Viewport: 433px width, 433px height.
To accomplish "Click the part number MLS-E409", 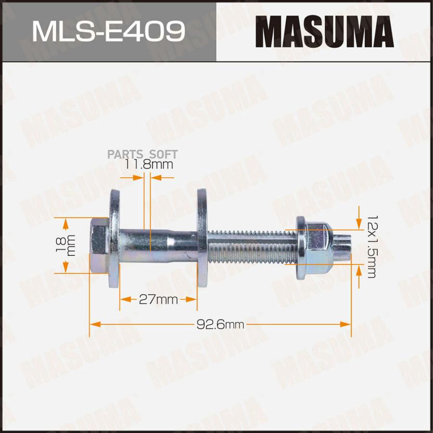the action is (x=108, y=31).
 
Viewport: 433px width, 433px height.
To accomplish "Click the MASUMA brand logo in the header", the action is (x=324, y=31).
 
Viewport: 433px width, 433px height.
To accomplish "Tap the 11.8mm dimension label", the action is (x=149, y=165).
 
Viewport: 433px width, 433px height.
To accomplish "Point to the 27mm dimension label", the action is (x=158, y=300).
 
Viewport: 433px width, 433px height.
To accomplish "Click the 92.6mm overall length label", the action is (x=220, y=324).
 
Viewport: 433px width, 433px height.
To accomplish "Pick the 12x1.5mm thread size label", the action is (x=371, y=247).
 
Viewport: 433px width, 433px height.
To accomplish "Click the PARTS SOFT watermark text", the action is (x=142, y=154).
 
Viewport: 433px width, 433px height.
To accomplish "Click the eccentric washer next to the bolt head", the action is (x=115, y=238).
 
